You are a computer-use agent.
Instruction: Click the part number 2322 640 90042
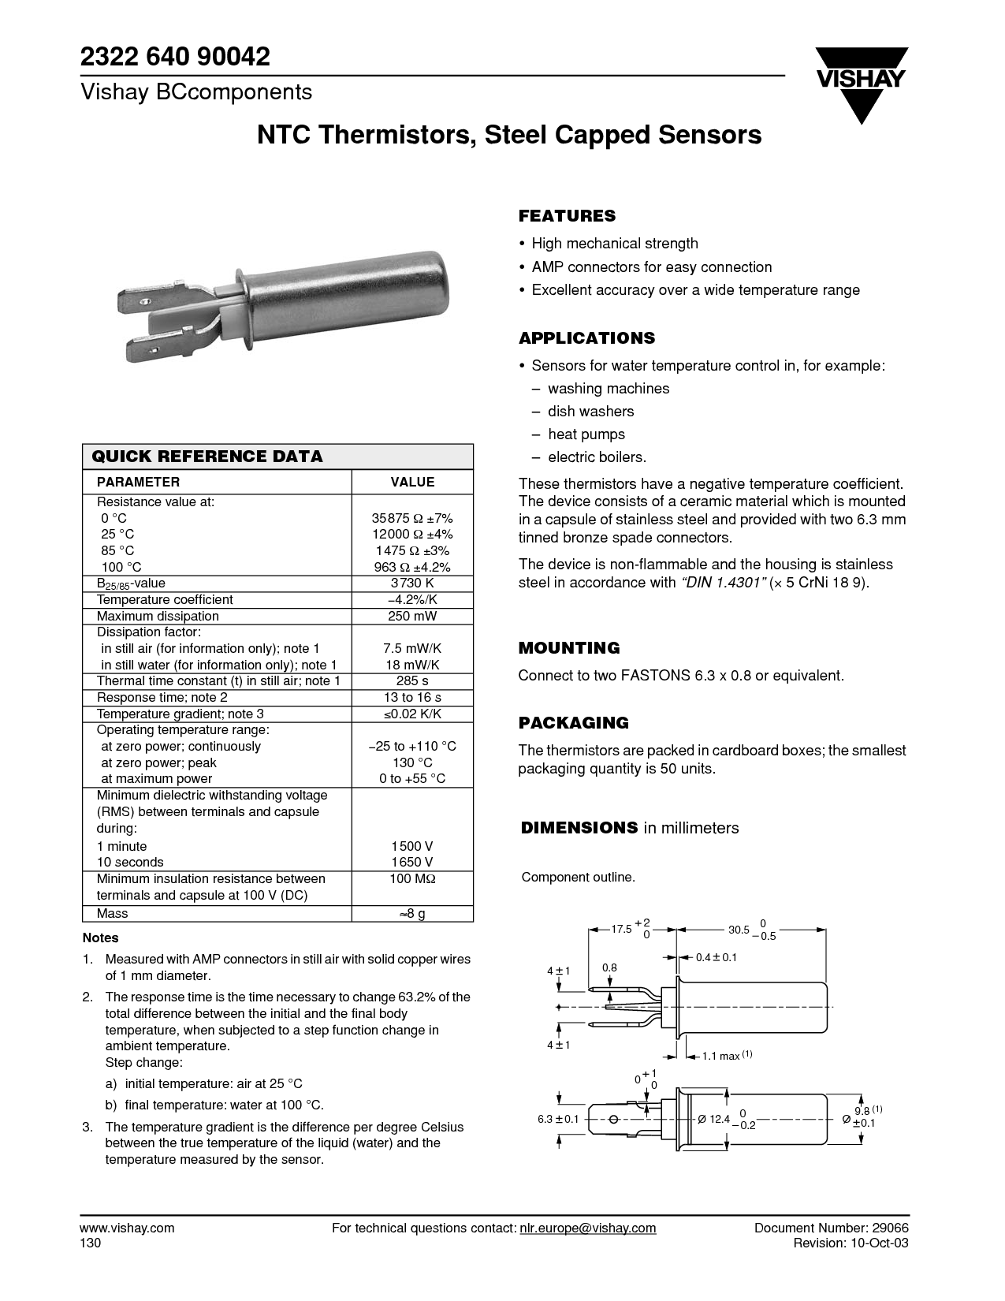pyautogui.click(x=175, y=56)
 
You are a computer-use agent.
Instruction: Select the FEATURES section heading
pyautogui.click(x=567, y=216)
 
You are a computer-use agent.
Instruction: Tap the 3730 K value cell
pyautogui.click(x=412, y=583)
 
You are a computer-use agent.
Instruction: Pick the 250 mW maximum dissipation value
pyautogui.click(x=412, y=616)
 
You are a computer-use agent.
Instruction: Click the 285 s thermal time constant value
pyautogui.click(x=412, y=680)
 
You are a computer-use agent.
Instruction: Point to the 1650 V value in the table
pyautogui.click(x=412, y=862)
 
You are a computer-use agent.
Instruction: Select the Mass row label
pyautogui.click(x=112, y=913)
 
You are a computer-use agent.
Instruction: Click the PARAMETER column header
pyautogui.click(x=138, y=482)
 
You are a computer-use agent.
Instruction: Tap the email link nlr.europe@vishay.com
pyautogui.click(x=587, y=1228)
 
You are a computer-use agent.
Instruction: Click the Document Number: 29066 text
pyautogui.click(x=832, y=1228)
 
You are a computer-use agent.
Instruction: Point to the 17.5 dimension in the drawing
pyautogui.click(x=622, y=929)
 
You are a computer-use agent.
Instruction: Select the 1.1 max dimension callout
pyautogui.click(x=720, y=1056)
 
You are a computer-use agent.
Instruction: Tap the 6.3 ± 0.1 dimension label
pyautogui.click(x=558, y=1119)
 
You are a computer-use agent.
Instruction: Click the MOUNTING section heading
pyautogui.click(x=569, y=648)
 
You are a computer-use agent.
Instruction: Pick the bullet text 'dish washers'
pyautogui.click(x=590, y=412)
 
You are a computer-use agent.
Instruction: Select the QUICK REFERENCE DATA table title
pyautogui.click(x=207, y=457)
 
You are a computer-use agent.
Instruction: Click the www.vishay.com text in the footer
pyautogui.click(x=127, y=1228)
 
